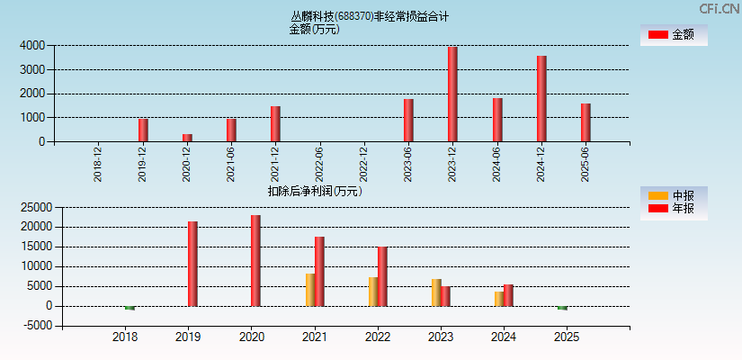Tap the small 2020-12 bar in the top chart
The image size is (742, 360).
(187, 138)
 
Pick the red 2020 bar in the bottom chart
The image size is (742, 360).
(256, 261)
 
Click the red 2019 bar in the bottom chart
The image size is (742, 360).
(192, 264)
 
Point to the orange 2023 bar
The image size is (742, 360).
(436, 292)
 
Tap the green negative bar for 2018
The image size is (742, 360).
(130, 308)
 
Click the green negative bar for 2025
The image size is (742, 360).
(562, 308)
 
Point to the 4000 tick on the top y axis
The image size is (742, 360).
(32, 45)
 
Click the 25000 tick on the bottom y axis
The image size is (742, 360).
(30, 207)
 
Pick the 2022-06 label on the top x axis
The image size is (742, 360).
(319, 165)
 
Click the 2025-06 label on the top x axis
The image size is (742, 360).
(586, 165)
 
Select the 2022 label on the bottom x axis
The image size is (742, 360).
(378, 337)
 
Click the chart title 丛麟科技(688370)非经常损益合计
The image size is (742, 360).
(370, 16)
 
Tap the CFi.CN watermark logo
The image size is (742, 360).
(720, 8)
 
